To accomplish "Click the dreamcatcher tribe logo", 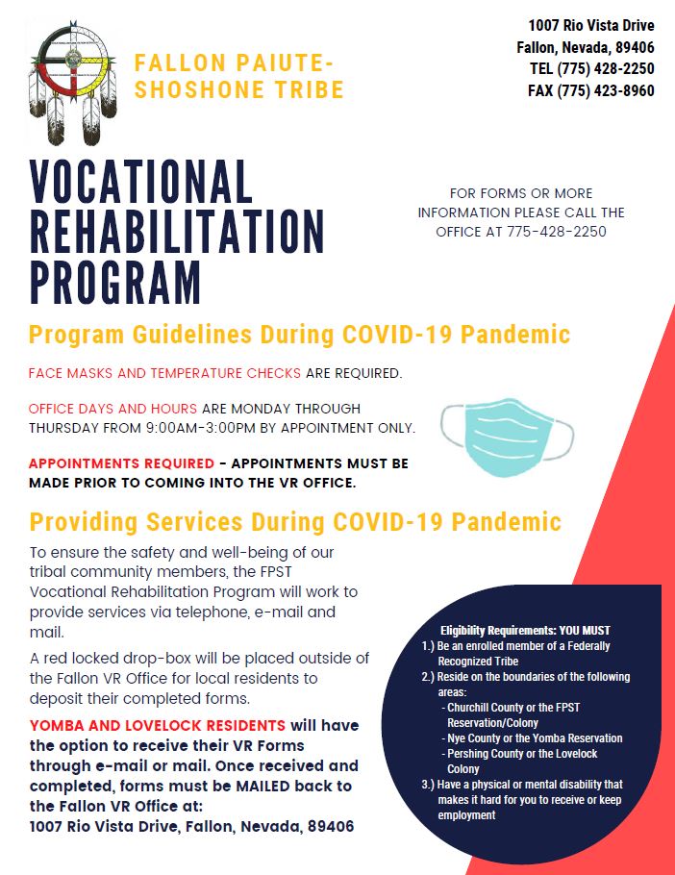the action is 72,81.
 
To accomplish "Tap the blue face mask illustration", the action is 507,437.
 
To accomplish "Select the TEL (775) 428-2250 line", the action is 592,68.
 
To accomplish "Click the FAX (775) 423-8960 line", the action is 591,90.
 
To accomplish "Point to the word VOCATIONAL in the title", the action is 140,182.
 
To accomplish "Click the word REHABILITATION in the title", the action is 177,232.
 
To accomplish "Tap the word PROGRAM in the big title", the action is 115,282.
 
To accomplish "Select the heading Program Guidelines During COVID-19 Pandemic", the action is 300,335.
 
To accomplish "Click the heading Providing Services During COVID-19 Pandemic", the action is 295,522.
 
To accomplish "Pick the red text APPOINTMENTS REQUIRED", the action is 121,463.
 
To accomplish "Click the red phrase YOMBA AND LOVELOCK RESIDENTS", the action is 158,725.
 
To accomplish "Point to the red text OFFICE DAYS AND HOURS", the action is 112,409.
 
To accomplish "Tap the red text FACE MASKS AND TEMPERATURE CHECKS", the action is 164,373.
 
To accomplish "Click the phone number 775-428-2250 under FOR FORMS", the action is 556,232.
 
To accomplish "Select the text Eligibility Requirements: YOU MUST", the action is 525,631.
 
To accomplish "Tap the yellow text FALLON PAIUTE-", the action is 234,62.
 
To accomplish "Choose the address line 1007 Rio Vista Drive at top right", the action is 591,25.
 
